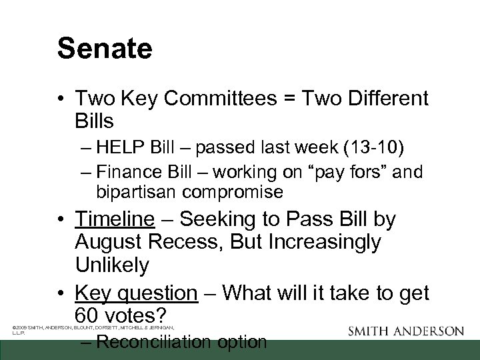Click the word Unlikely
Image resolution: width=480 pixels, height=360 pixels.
(113, 265)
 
